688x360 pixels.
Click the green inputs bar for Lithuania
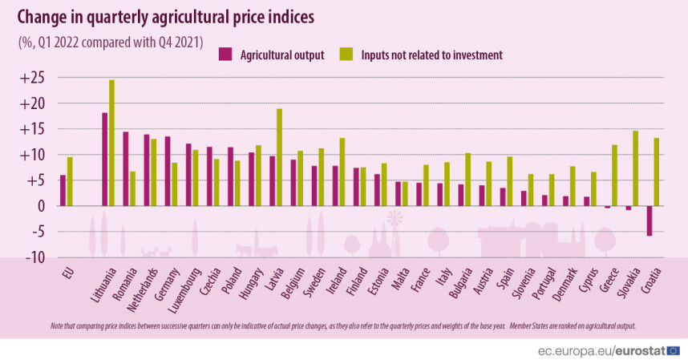112,143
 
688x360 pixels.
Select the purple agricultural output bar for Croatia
649,220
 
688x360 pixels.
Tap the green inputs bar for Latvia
279,157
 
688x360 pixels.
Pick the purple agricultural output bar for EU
63,190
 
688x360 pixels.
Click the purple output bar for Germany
168,171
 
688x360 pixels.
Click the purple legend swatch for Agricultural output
225,55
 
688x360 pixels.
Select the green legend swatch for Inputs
346,55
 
